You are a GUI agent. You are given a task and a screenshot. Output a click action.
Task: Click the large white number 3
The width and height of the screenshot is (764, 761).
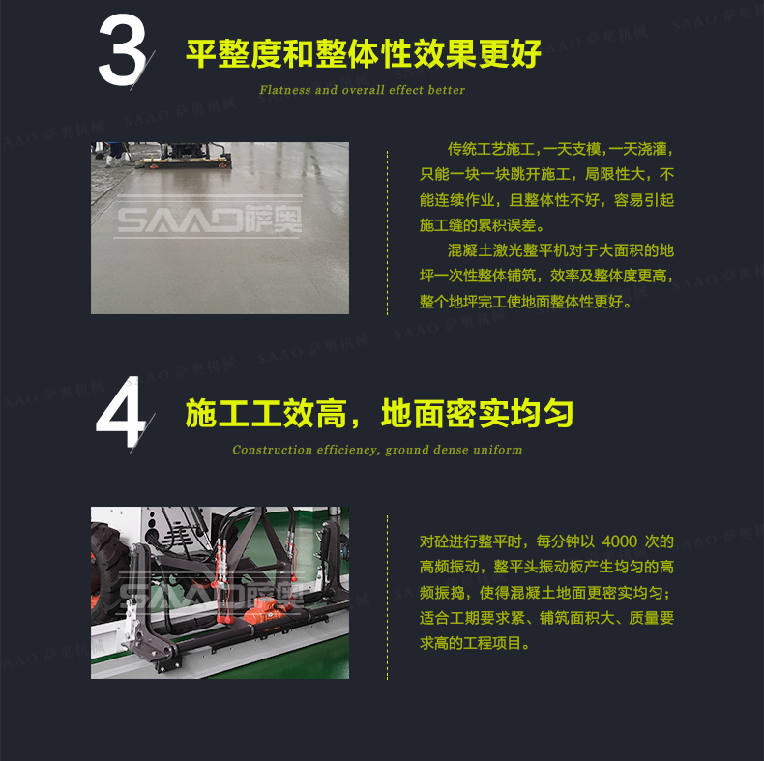pos(122,49)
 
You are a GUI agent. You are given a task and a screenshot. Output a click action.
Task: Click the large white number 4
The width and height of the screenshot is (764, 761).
pos(121,412)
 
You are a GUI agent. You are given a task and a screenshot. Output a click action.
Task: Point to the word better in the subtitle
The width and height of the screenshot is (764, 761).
pos(448,90)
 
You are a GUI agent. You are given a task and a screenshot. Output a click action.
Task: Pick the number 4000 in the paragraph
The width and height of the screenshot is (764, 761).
pos(620,541)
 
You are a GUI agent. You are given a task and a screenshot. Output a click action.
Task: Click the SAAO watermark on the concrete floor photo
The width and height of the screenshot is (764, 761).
pos(210,218)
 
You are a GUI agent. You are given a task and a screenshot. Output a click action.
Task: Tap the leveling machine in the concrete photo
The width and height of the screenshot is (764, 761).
pos(184,156)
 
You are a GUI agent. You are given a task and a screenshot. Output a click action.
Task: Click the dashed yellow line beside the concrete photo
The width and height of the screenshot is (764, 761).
pos(388,233)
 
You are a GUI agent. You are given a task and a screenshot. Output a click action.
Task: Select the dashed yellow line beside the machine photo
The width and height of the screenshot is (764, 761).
pos(388,598)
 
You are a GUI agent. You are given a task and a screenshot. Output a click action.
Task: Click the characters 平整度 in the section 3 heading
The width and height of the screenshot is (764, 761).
pos(234,53)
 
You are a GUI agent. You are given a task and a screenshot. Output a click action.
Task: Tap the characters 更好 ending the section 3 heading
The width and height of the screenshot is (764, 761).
pos(510,53)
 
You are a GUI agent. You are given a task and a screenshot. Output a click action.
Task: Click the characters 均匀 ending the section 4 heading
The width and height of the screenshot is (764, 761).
pos(542,413)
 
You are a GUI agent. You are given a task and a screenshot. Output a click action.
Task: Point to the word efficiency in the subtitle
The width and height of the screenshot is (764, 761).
pos(348,450)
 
